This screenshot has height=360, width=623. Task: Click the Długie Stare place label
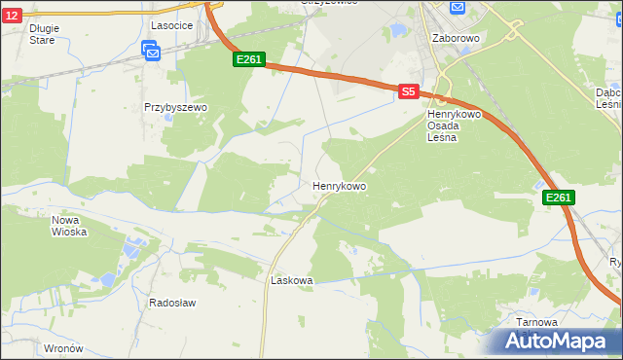pos(44,34)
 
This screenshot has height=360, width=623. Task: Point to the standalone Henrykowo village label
pos(339,185)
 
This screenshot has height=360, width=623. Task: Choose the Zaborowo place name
pos(455,38)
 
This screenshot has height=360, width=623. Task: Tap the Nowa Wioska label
pos(69,226)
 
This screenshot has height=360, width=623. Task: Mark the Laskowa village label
pos(291,280)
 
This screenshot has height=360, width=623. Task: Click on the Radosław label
pos(172,303)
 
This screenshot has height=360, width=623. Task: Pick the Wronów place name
pos(65,347)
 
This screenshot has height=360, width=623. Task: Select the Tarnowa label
pos(537,322)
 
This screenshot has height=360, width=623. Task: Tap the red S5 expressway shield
pos(409,91)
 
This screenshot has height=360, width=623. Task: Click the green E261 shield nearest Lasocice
pos(249,60)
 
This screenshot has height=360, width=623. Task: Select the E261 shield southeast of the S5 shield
pos(558,198)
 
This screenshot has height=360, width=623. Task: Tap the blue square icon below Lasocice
pos(151,51)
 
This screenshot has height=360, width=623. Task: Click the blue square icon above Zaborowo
pos(457,8)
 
